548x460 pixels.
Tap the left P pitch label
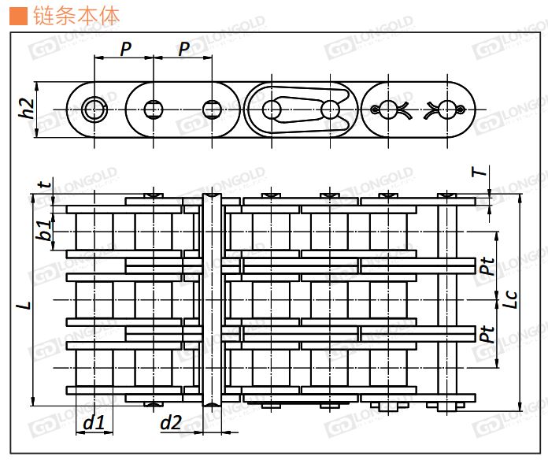coord(125,50)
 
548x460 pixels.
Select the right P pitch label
coord(183,50)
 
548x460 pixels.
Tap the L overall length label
coord(25,304)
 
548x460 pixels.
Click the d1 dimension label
coord(94,423)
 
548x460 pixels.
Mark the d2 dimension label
coord(172,423)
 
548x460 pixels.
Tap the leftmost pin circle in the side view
coord(95,109)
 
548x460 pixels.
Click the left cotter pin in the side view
coord(391,108)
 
